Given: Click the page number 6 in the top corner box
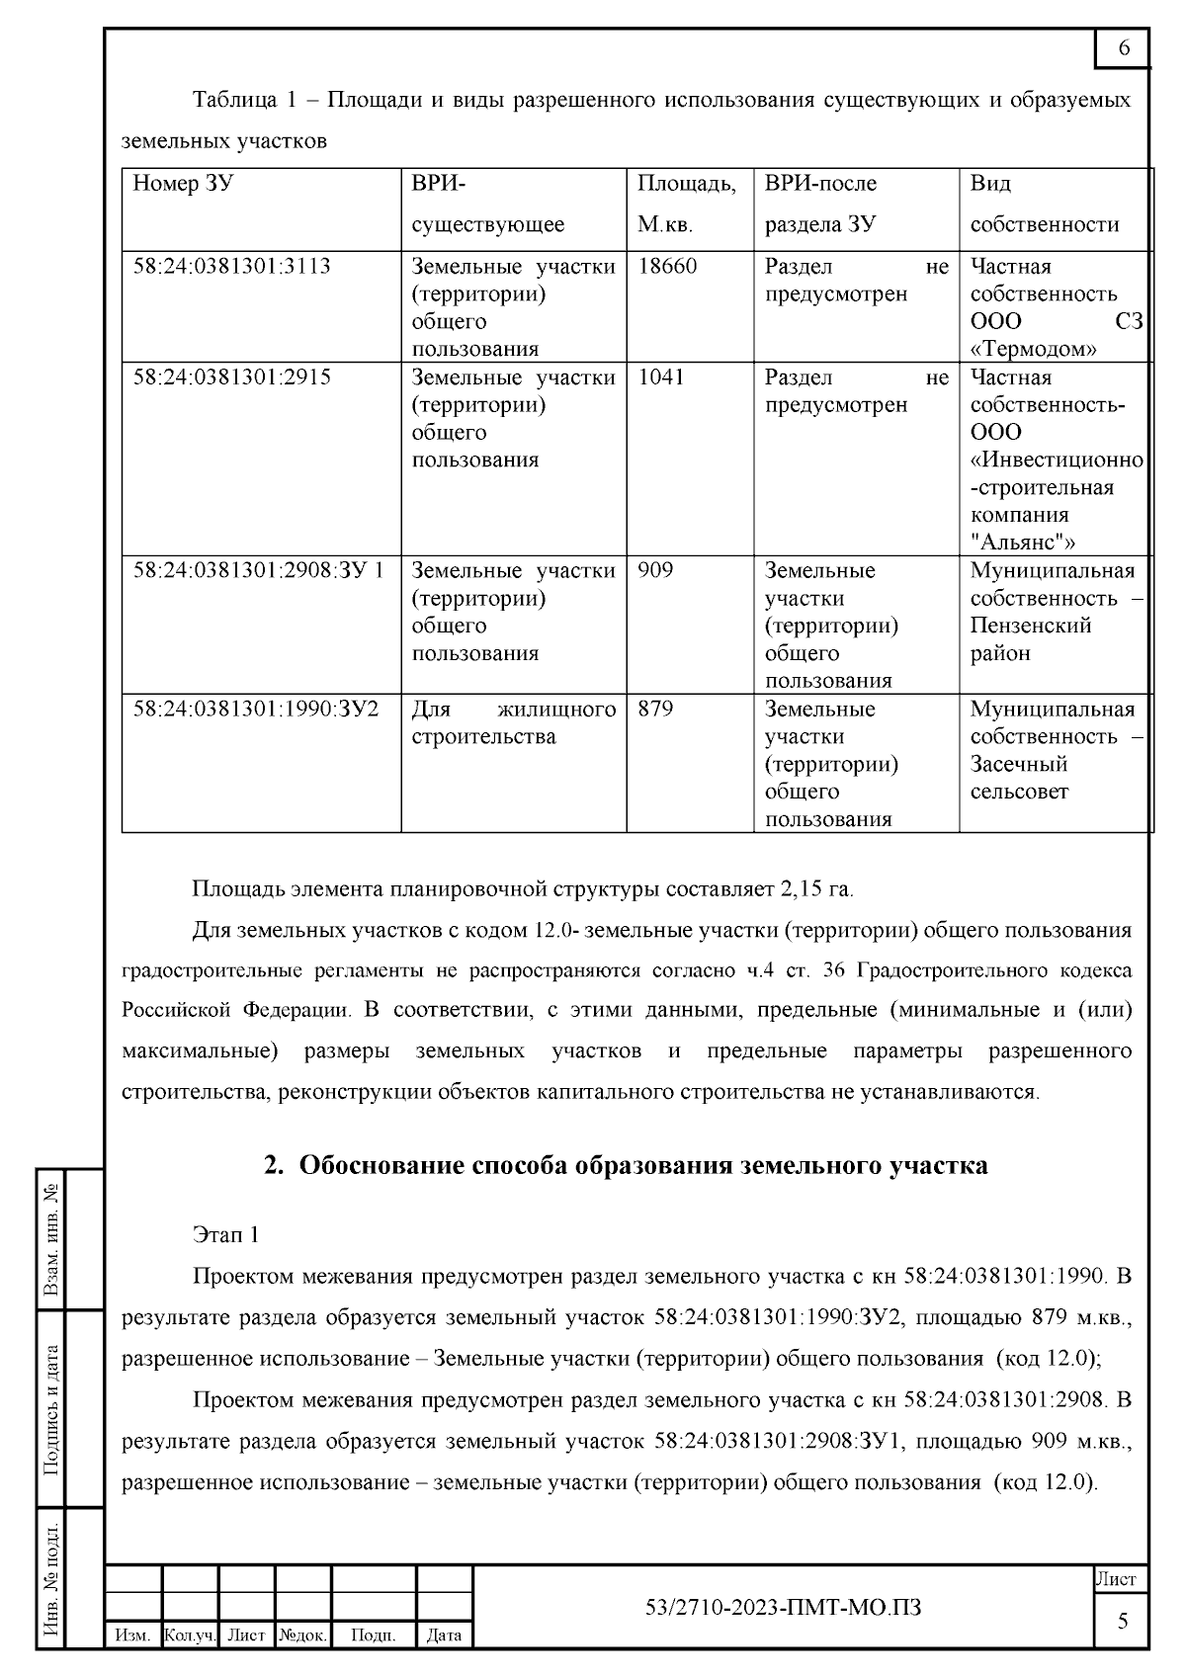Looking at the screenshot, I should tap(1124, 48).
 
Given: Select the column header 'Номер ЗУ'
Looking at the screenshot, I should tap(183, 184).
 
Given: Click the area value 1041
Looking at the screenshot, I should tap(661, 377).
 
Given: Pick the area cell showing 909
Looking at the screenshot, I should tap(655, 571).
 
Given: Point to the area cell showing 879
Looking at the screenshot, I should tap(655, 710).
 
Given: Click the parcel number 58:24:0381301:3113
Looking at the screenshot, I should tap(232, 267).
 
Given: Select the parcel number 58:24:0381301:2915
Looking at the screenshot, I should tap(232, 377).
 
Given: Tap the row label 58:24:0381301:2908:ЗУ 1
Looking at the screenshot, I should tap(259, 571).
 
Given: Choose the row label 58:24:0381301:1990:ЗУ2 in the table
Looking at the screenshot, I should tap(256, 710).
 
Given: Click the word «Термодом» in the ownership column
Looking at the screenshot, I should tap(1034, 349).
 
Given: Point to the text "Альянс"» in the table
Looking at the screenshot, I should tap(1023, 542).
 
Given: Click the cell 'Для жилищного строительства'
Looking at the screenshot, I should tap(513, 723).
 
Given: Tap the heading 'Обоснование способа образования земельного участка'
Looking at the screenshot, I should tap(642, 1166).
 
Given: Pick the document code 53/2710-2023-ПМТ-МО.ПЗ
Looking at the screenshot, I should tap(783, 1608).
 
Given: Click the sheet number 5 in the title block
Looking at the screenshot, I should tap(1123, 1621).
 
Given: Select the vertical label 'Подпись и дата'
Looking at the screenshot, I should tap(52, 1409).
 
